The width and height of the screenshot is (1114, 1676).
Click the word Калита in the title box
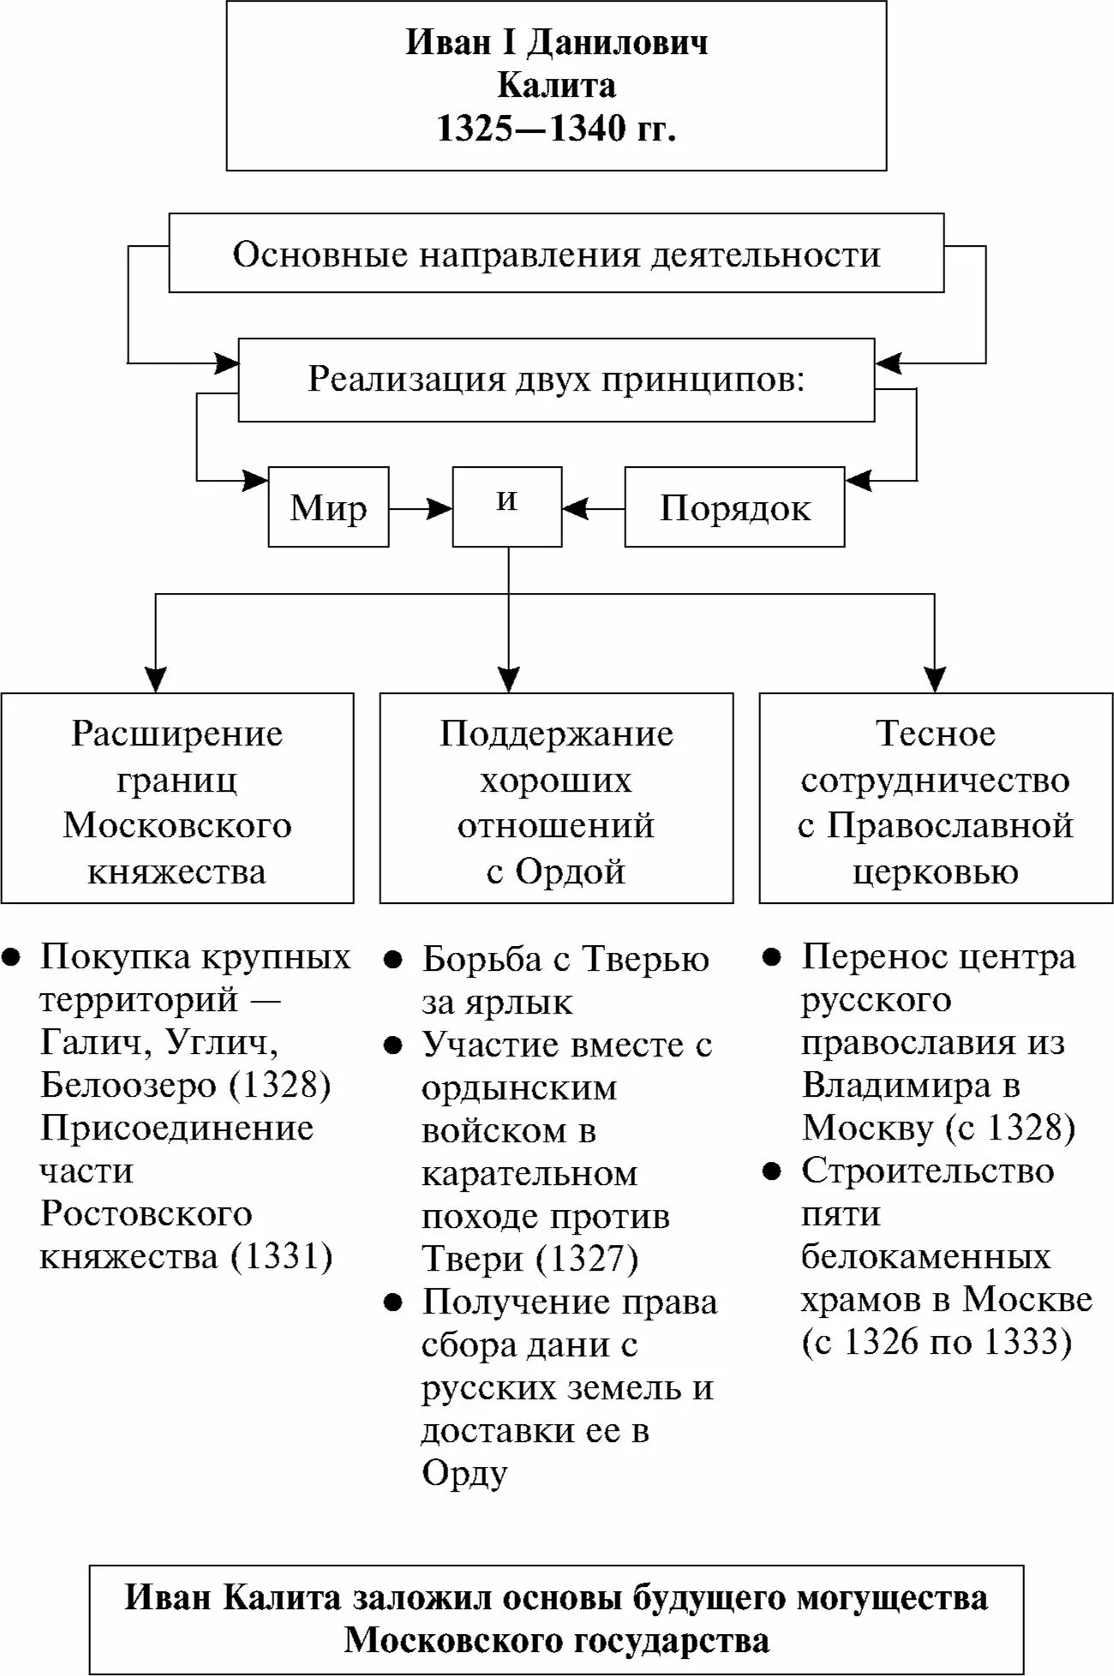coord(556,86)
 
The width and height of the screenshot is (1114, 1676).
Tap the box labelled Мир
coord(328,508)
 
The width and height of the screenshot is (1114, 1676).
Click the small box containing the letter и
coord(507,506)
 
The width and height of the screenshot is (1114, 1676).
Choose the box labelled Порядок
coord(734,508)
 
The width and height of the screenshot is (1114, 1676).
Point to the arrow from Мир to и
coord(420,509)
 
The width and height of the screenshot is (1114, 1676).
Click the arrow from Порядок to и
coord(593,509)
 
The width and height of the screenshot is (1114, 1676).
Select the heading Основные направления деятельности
coord(556,254)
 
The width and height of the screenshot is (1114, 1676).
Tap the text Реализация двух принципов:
coord(556,379)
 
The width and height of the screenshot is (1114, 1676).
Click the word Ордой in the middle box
coord(570,871)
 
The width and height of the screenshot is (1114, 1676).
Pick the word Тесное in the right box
coord(936,733)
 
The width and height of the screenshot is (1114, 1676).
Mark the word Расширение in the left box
coord(177,733)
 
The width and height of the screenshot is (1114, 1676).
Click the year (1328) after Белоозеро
coord(279,1086)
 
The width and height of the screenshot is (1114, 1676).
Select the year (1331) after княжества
coord(280,1257)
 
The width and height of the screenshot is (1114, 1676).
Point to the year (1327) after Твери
coord(588,1259)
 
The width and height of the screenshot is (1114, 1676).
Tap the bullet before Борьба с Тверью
coord(392,960)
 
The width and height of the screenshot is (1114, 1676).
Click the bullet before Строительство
coord(772,1171)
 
